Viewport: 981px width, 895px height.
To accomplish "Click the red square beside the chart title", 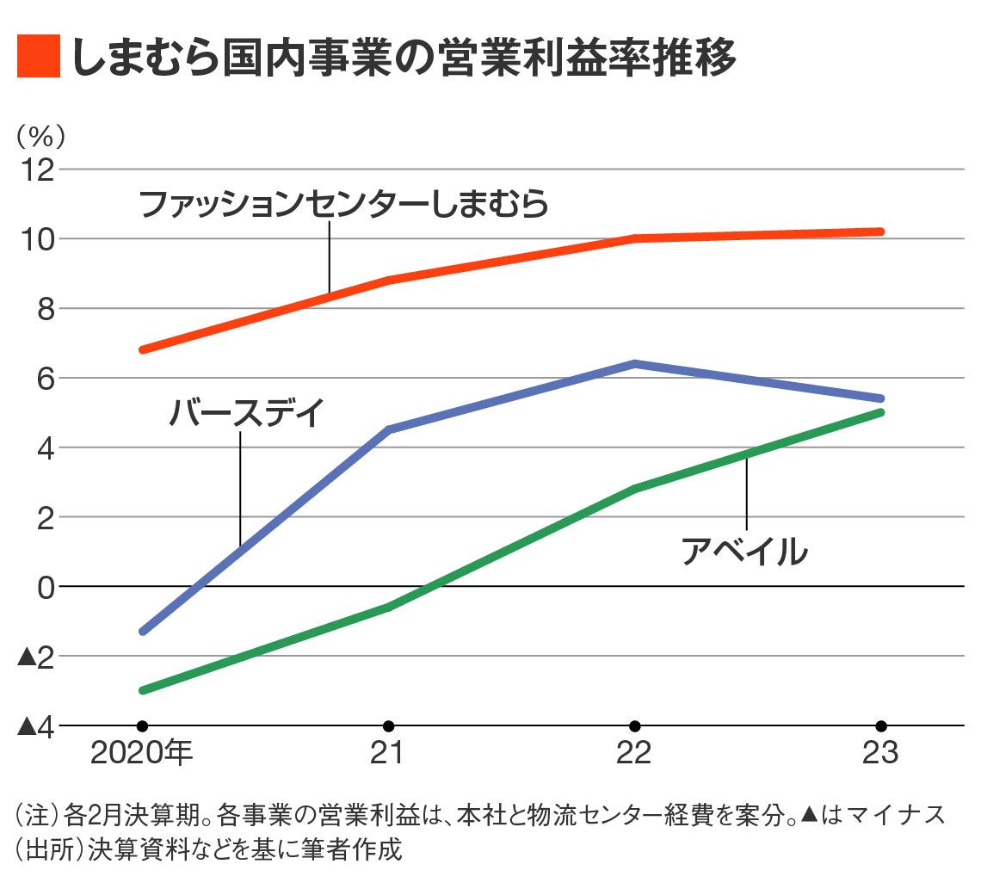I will pyautogui.click(x=39, y=57).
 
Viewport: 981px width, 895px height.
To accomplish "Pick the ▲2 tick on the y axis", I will pyautogui.click(x=37, y=656).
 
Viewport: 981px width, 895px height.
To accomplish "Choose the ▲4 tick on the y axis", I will pyautogui.click(x=37, y=725).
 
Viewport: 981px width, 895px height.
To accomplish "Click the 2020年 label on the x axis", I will pyautogui.click(x=142, y=753).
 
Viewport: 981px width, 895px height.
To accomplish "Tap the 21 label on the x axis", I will pyautogui.click(x=388, y=753).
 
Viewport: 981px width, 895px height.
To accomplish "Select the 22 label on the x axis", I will pyautogui.click(x=634, y=753).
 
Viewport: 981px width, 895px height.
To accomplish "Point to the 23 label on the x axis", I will pyautogui.click(x=880, y=753).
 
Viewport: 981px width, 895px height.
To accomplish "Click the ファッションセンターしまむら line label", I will pyautogui.click(x=343, y=205).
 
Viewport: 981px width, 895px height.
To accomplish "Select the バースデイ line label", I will pyautogui.click(x=246, y=413).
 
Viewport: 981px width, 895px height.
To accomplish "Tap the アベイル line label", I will pyautogui.click(x=745, y=551).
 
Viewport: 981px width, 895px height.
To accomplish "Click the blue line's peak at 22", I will pyautogui.click(x=634, y=363).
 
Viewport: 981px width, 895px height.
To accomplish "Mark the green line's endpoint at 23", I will pyautogui.click(x=880, y=412).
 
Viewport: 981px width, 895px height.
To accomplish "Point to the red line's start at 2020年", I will pyautogui.click(x=143, y=349).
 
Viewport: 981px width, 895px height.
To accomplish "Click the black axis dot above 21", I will pyautogui.click(x=388, y=725).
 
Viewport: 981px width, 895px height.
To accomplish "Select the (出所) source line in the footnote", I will pyautogui.click(x=209, y=849).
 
